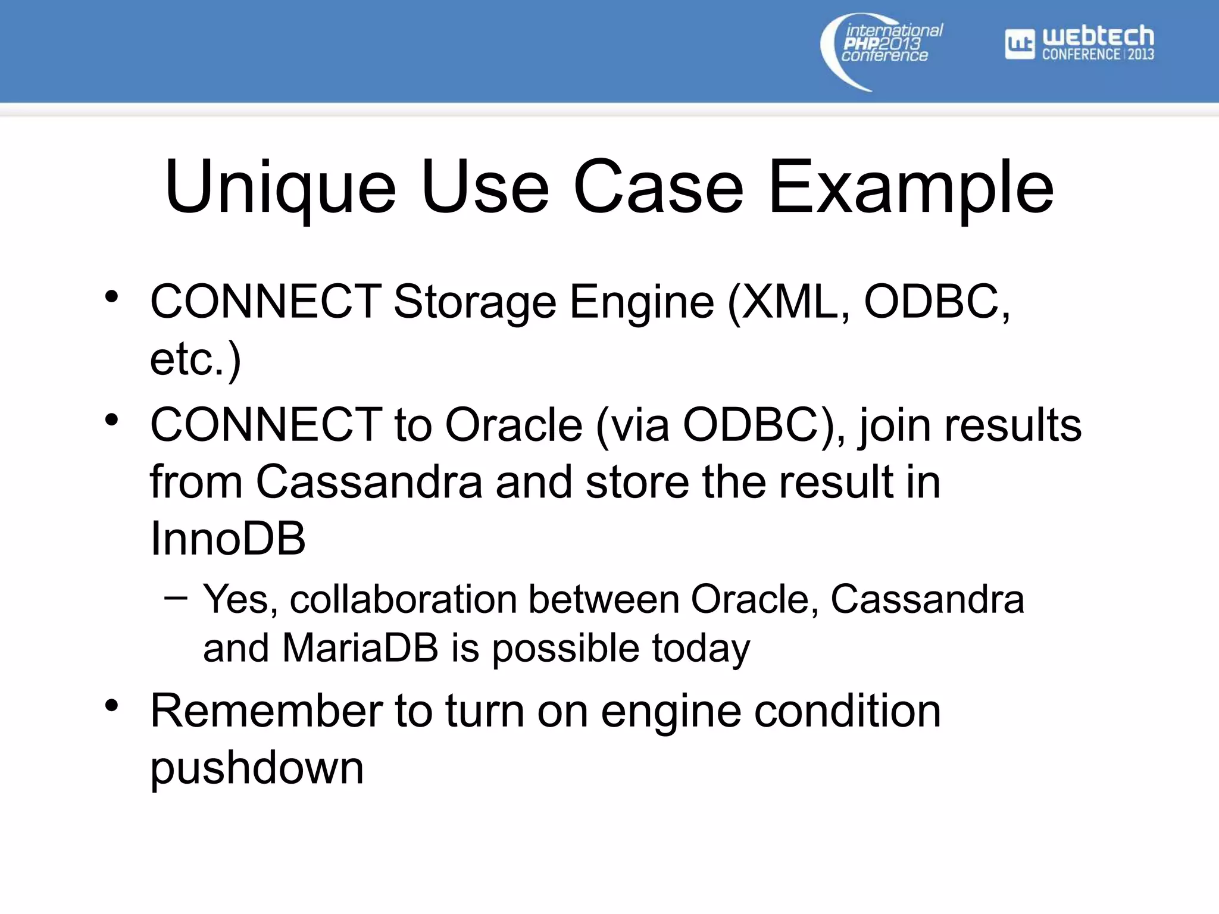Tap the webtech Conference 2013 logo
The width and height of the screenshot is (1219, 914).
(1080, 43)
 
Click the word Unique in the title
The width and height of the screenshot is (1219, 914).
(280, 187)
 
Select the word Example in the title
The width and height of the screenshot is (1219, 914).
(911, 187)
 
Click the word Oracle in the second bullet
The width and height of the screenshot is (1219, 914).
(514, 425)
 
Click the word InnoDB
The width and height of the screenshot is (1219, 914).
(228, 539)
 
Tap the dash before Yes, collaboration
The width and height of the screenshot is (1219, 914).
(176, 597)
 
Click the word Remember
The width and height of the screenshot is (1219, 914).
(266, 710)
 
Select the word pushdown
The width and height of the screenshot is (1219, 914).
(257, 768)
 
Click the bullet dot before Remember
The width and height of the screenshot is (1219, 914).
(111, 706)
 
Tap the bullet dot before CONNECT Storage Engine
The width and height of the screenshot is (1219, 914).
(111, 296)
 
